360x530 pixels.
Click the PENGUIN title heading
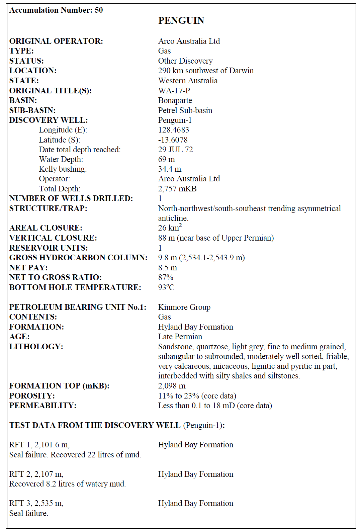pyautogui.click(x=181, y=21)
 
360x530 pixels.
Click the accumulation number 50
pyautogui.click(x=99, y=10)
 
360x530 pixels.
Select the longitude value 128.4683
pyautogui.click(x=173, y=130)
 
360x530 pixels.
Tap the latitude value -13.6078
pyautogui.click(x=173, y=140)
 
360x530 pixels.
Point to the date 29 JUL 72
pyautogui.click(x=175, y=150)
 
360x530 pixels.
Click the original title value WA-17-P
pyautogui.click(x=174, y=91)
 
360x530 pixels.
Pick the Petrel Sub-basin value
pyautogui.click(x=185, y=110)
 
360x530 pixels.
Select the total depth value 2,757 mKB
pyautogui.click(x=177, y=189)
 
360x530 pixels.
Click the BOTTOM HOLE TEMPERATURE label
pyautogui.click(x=75, y=287)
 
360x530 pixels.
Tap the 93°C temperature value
pyautogui.click(x=166, y=287)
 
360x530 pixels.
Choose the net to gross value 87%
pyautogui.click(x=166, y=277)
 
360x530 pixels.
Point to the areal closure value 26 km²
pyautogui.click(x=170, y=228)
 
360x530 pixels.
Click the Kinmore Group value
pyautogui.click(x=184, y=307)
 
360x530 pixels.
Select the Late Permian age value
pyautogui.click(x=180, y=337)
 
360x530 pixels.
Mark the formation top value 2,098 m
pyautogui.click(x=172, y=386)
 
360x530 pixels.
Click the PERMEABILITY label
pyautogui.click(x=43, y=406)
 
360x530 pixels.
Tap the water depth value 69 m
pyautogui.click(x=166, y=159)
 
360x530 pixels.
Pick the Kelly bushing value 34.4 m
pyautogui.click(x=170, y=169)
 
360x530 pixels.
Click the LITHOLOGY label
pyautogui.click(x=36, y=347)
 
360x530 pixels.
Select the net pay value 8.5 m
pyautogui.click(x=168, y=268)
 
